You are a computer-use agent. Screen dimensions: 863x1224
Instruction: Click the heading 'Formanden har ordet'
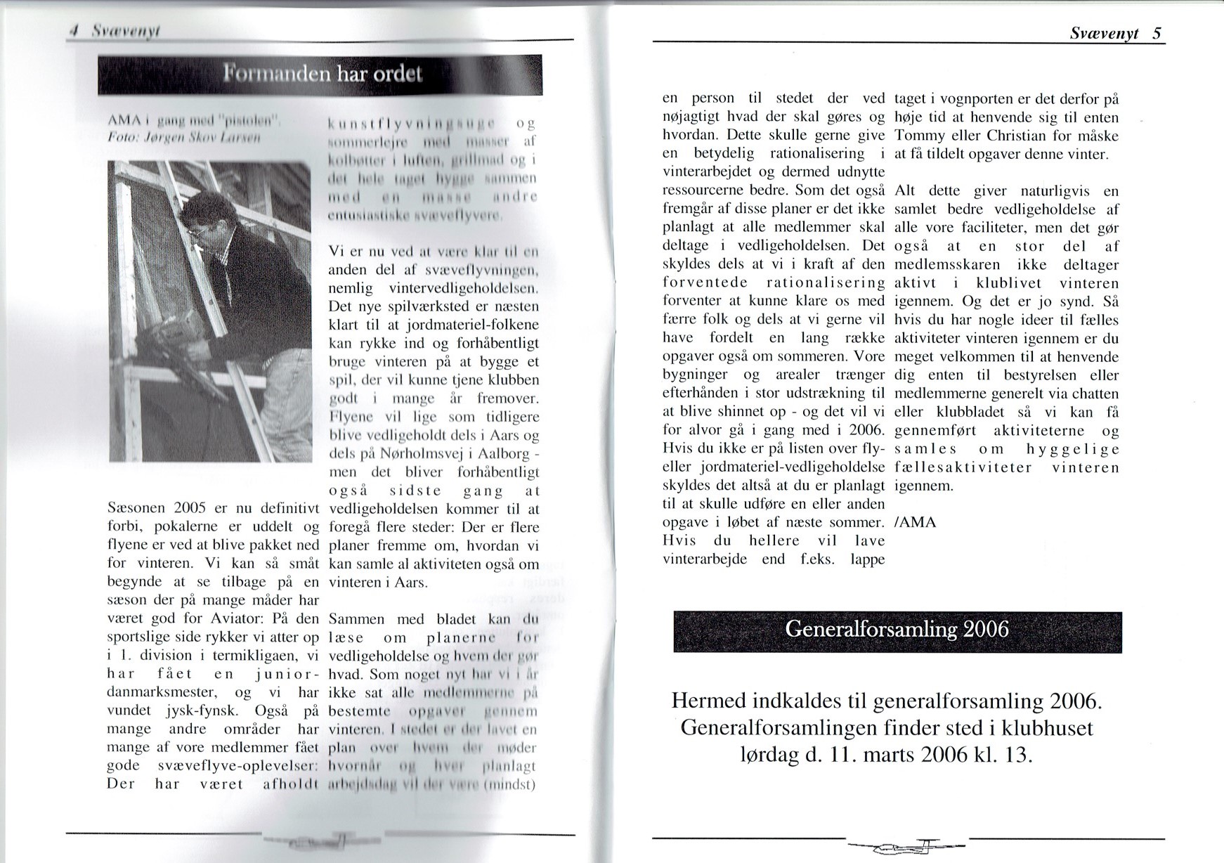coord(322,74)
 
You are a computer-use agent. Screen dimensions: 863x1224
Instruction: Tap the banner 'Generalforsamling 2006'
coord(897,629)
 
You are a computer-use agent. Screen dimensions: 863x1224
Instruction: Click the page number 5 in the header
coord(1157,33)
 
